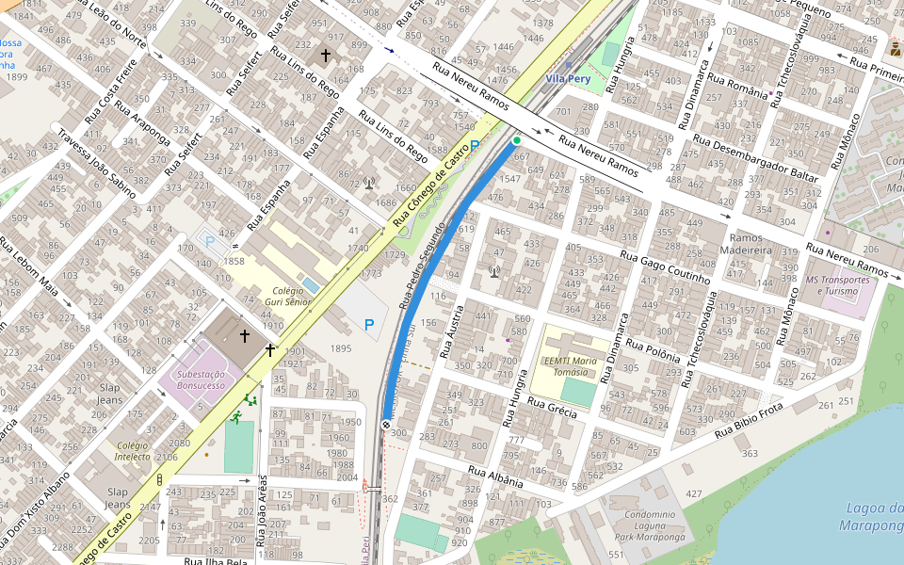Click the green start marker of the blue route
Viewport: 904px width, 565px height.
click(516, 140)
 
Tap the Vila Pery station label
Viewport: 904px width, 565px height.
click(568, 79)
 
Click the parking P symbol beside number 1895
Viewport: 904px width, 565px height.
click(369, 325)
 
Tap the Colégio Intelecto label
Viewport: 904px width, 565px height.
click(134, 451)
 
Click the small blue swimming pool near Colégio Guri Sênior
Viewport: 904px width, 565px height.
click(311, 284)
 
